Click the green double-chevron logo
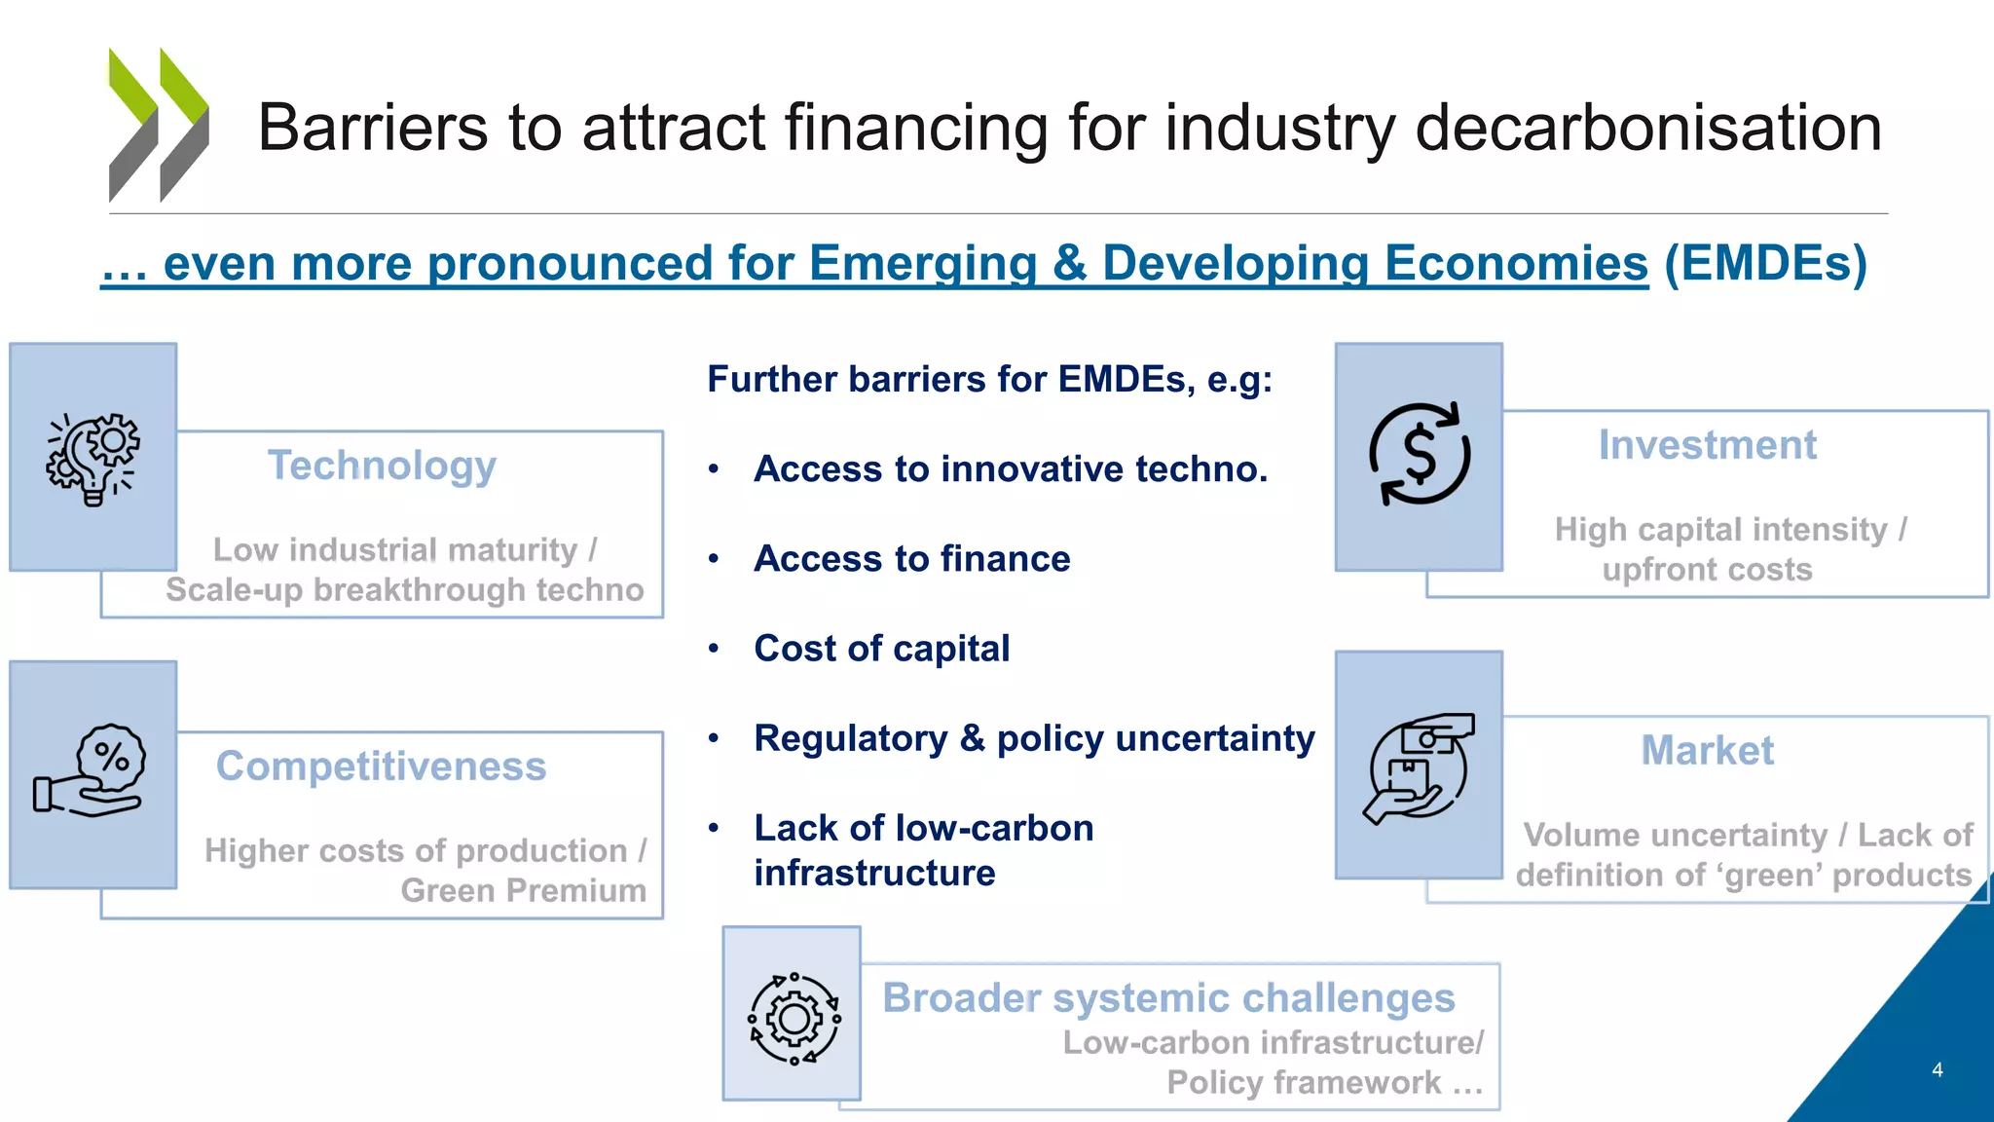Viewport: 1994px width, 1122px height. pos(158,125)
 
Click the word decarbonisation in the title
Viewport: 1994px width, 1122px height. pos(1647,128)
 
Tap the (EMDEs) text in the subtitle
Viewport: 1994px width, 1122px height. pos(1765,264)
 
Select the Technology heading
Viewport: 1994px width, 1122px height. pos(382,466)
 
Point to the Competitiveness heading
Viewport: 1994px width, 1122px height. pos(381,767)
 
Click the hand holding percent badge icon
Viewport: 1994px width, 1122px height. pos(91,770)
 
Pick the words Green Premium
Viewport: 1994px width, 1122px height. pos(523,890)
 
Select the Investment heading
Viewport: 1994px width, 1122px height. pos(1707,445)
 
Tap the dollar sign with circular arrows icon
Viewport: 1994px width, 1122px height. pos(1420,454)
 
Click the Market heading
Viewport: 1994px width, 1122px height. pos(1707,751)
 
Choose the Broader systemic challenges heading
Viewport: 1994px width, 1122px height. pos(1168,998)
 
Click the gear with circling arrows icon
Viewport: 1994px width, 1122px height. pos(794,1018)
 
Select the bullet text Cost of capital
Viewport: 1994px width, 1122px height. pos(881,649)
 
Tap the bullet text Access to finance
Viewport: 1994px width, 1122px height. pos(911,559)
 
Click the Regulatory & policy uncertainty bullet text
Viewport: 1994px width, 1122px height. pos(1034,738)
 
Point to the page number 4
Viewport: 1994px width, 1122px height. pos(1937,1069)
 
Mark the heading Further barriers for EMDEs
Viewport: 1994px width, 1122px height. pos(989,379)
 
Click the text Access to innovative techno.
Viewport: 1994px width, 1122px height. pos(1011,469)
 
